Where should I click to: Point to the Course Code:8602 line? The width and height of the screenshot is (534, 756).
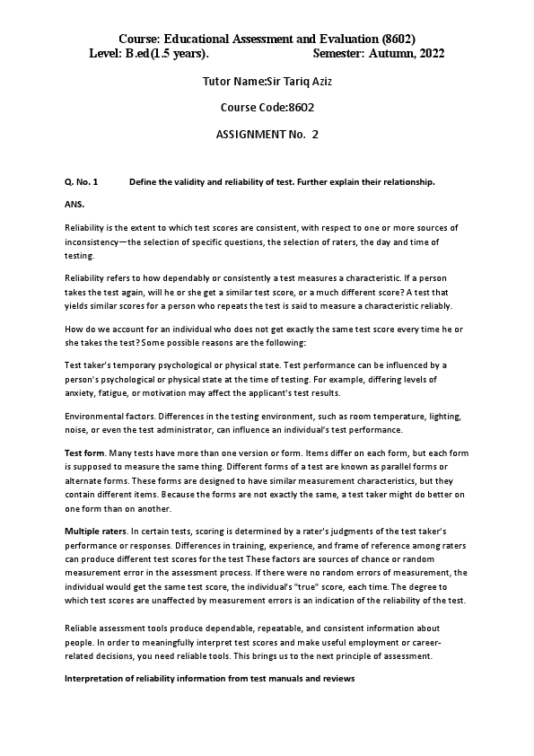coord(267,107)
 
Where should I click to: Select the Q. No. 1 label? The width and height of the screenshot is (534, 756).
coord(81,182)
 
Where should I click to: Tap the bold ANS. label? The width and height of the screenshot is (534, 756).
coord(74,205)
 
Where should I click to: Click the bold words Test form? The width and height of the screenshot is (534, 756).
coord(84,453)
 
